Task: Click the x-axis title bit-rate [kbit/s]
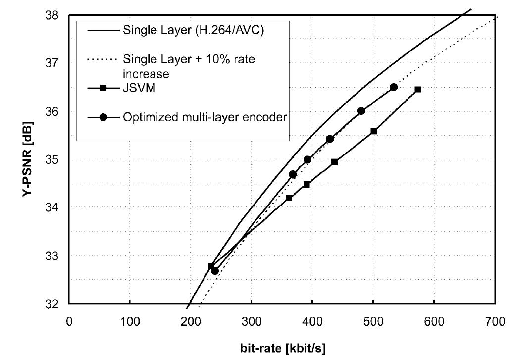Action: click(x=283, y=348)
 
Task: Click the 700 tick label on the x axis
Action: click(x=495, y=321)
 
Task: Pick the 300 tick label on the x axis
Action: click(x=251, y=321)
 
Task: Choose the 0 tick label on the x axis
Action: click(x=69, y=321)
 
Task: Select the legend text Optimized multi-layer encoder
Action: click(x=204, y=117)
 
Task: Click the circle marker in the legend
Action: click(x=104, y=117)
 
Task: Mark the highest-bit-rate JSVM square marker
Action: click(x=418, y=89)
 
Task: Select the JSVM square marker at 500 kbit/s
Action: click(x=374, y=131)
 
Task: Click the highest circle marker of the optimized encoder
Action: click(x=394, y=87)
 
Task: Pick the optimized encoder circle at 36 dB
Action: click(x=361, y=111)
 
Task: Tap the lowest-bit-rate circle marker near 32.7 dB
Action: click(x=215, y=271)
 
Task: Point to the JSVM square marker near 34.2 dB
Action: click(x=289, y=198)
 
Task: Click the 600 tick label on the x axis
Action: click(x=434, y=321)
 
